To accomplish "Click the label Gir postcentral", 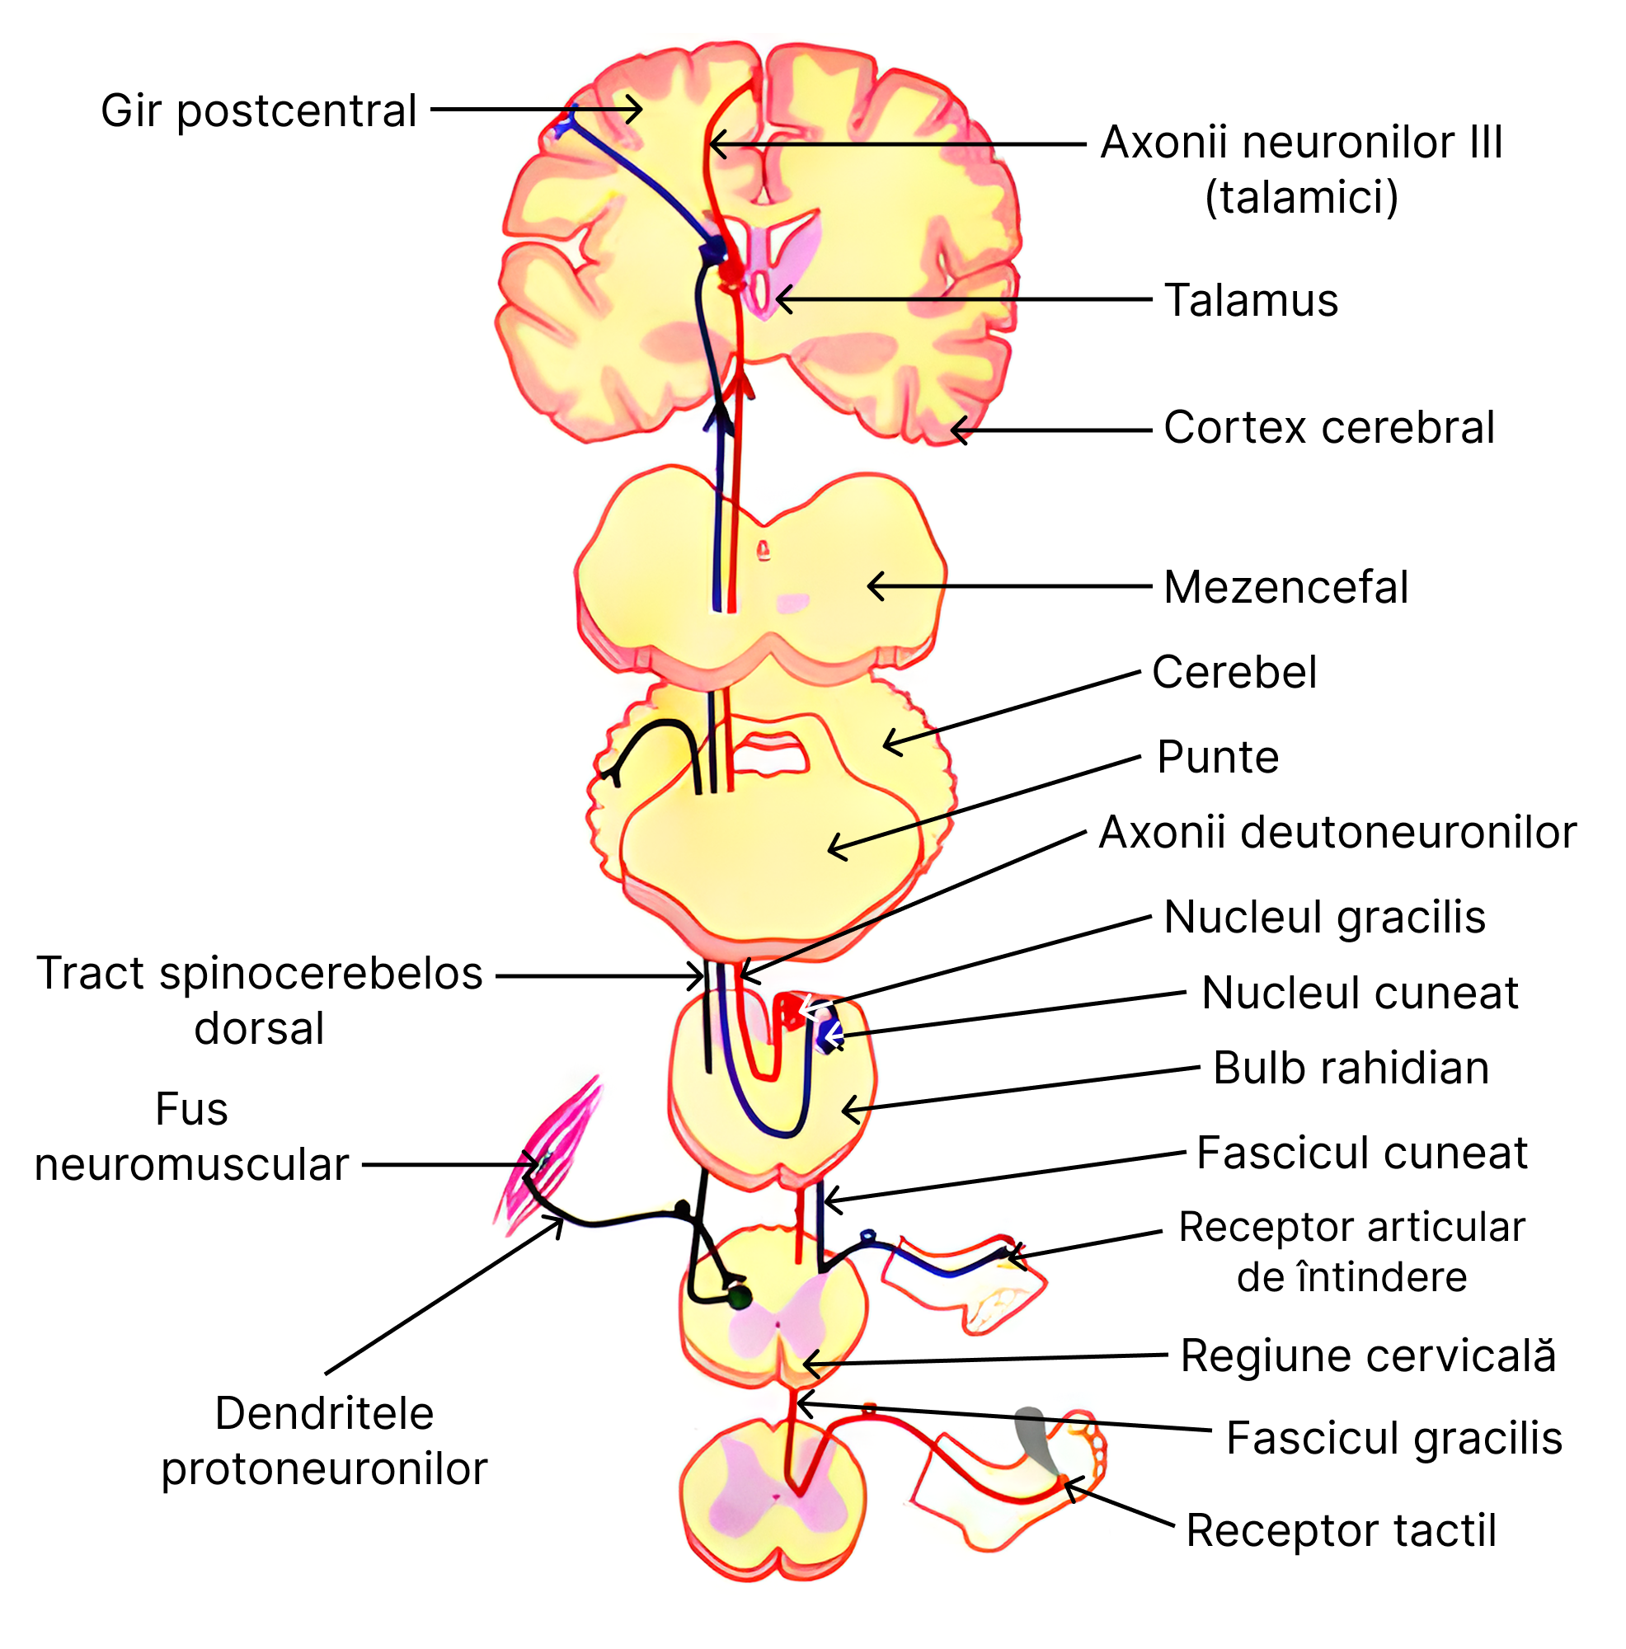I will pos(258,111).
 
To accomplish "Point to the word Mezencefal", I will pos(1285,587).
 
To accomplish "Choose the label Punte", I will pos(1216,757).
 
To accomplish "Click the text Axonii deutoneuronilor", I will pos(1336,832).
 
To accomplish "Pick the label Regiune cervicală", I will pos(1366,1356).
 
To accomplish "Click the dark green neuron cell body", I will pos(739,1299).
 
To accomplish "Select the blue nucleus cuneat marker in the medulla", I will pos(826,1036).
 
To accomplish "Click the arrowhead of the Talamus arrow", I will pos(780,300).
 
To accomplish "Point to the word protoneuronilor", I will pos(323,1469).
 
